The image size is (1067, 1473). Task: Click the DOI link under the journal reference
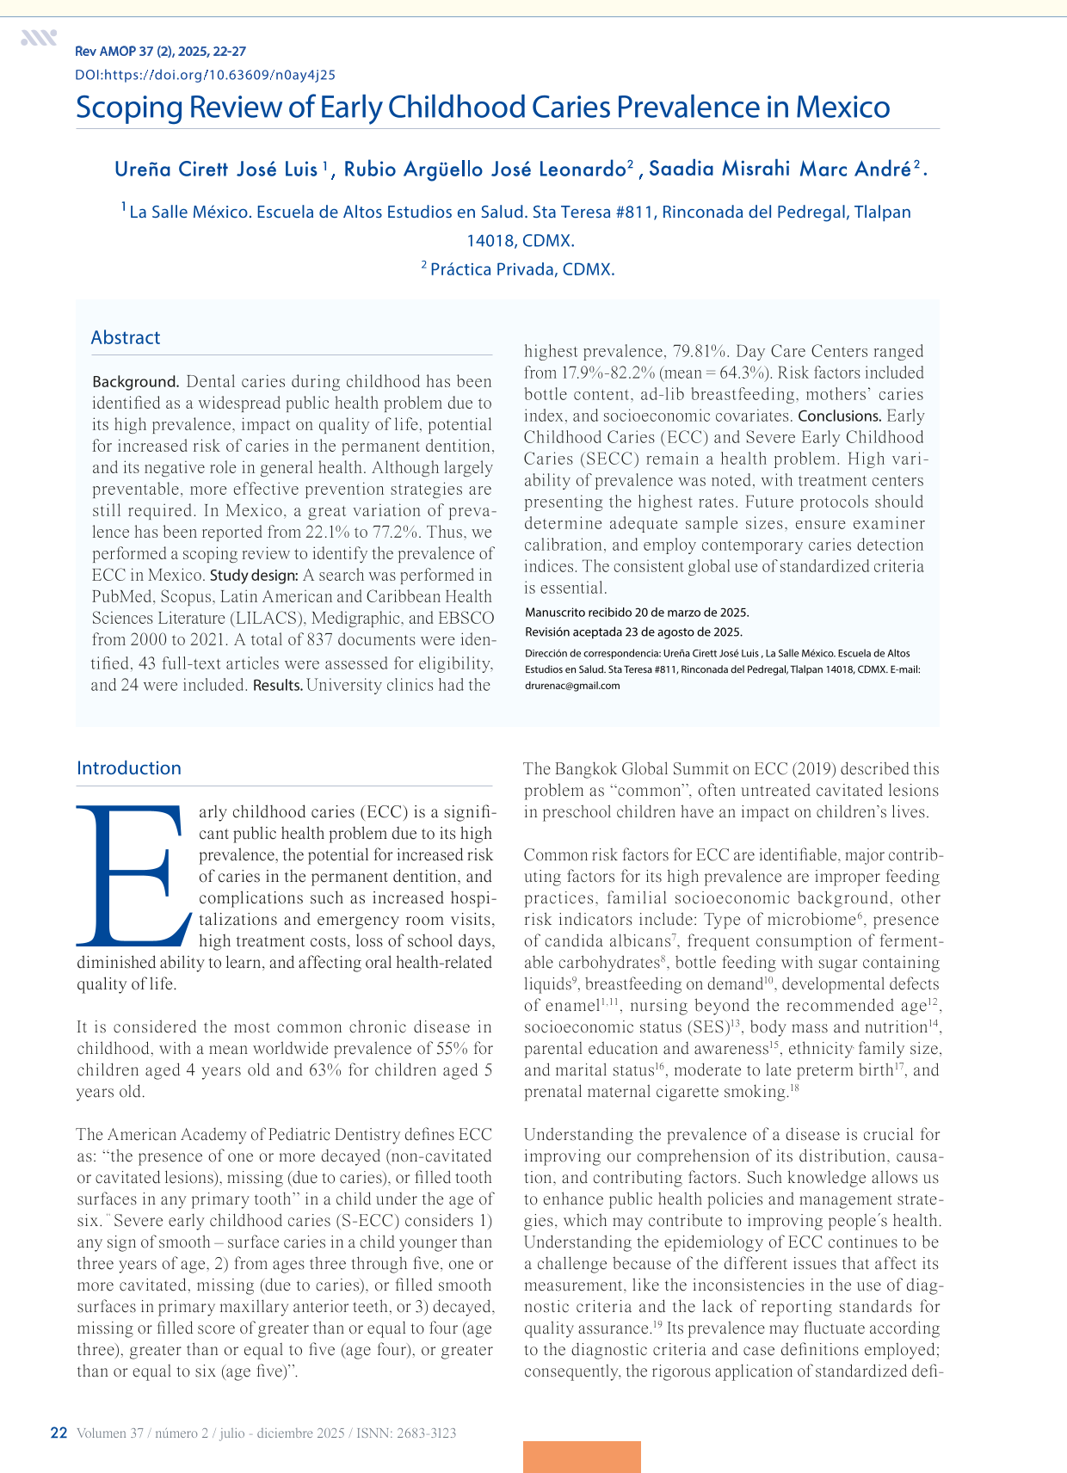click(x=205, y=75)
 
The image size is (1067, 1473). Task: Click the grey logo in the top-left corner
click(x=39, y=38)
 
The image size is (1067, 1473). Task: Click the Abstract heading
click(x=126, y=337)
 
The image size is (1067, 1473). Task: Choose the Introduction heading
click(x=129, y=767)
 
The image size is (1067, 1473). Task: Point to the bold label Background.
click(x=135, y=381)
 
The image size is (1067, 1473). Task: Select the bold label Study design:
click(x=254, y=575)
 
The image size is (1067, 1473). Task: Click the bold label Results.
click(x=277, y=686)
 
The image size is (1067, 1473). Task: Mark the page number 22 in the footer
click(x=59, y=1433)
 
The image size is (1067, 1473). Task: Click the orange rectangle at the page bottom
click(x=582, y=1456)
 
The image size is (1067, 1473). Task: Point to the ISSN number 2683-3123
click(x=426, y=1433)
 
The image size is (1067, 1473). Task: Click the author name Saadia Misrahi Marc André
click(x=779, y=169)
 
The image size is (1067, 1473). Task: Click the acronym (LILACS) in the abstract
click(x=265, y=618)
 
